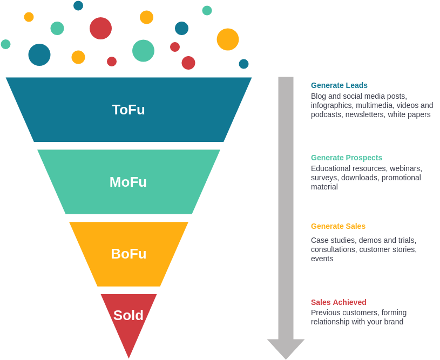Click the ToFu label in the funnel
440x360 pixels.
coord(128,110)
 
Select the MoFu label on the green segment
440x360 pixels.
coord(128,182)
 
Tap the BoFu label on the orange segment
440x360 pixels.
coord(128,254)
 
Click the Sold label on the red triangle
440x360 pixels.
coord(128,315)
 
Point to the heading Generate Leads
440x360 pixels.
coord(339,85)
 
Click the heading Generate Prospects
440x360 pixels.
coord(347,158)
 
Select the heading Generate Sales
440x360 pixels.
coord(338,226)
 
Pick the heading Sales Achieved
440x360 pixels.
coord(339,302)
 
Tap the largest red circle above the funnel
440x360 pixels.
coord(100,28)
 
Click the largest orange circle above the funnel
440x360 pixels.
coord(228,39)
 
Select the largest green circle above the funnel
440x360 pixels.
coord(143,51)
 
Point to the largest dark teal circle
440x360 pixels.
coord(39,55)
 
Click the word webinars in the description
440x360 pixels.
coord(405,168)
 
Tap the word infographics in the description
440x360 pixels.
coord(332,105)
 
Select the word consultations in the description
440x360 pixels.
coord(333,249)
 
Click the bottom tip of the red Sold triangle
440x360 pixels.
coord(128,356)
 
